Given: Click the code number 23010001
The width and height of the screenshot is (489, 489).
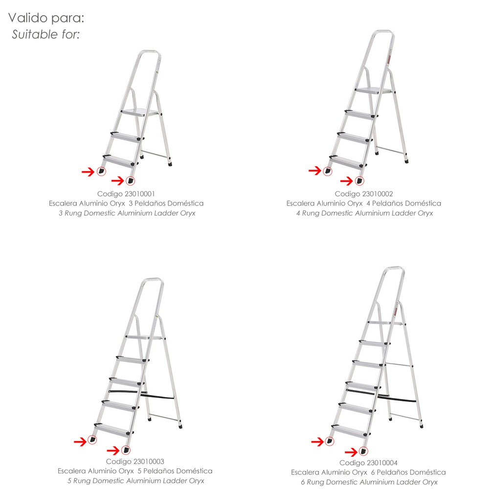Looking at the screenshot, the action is (139, 194).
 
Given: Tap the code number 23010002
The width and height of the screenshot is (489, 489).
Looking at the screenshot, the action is (378, 194).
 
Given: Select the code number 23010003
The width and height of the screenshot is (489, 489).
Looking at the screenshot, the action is (148, 462).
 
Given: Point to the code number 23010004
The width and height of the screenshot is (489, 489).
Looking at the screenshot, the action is (382, 463).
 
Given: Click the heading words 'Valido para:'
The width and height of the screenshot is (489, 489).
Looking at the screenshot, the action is (46, 18).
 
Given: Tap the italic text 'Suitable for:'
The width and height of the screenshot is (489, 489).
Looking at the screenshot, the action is (46, 34).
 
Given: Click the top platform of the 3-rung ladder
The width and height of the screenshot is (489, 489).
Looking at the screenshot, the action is (139, 112).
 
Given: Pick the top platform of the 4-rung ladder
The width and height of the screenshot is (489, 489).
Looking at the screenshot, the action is (373, 91).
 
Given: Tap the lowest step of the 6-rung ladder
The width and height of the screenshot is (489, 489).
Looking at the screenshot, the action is (351, 431).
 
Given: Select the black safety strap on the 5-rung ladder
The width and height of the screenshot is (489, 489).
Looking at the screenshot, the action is (141, 394).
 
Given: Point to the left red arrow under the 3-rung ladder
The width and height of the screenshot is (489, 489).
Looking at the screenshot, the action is (88, 172).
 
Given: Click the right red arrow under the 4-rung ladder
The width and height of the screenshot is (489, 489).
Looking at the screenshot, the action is (347, 181).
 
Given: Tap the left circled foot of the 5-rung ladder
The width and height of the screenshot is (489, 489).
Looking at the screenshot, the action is (92, 440).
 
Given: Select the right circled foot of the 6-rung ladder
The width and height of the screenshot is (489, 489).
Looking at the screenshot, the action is (363, 451).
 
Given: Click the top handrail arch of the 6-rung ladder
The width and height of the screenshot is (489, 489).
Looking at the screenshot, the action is (394, 268).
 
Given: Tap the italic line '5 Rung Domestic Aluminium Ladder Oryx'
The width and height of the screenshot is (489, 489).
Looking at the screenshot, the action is (135, 481).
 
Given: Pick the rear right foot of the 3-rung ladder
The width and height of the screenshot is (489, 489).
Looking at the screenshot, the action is (170, 164).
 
